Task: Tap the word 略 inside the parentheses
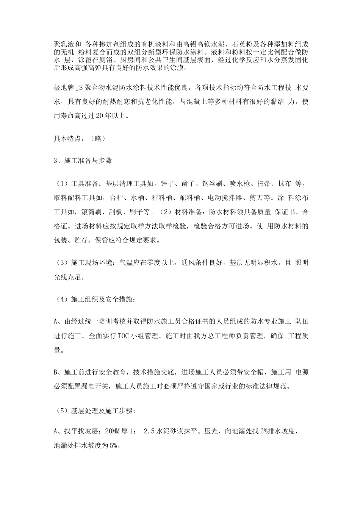[x=99, y=138]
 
